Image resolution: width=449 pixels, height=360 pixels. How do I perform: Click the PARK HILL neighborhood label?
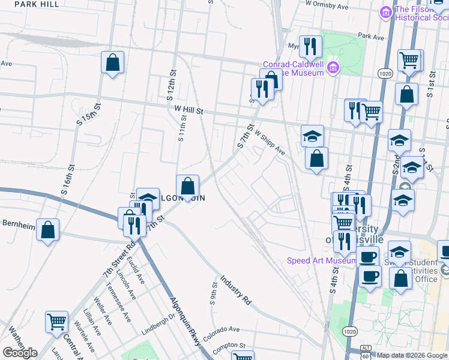(37, 4)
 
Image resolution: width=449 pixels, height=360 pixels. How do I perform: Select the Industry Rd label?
(235, 290)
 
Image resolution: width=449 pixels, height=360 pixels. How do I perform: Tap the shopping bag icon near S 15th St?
(112, 62)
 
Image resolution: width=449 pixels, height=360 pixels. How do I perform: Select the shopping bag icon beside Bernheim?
(48, 230)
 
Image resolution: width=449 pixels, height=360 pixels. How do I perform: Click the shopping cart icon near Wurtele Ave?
(57, 322)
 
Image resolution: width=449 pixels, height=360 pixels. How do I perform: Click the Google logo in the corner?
(20, 353)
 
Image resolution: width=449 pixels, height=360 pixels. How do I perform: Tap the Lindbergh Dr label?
(158, 322)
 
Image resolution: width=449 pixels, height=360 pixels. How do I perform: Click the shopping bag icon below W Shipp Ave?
(317, 159)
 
